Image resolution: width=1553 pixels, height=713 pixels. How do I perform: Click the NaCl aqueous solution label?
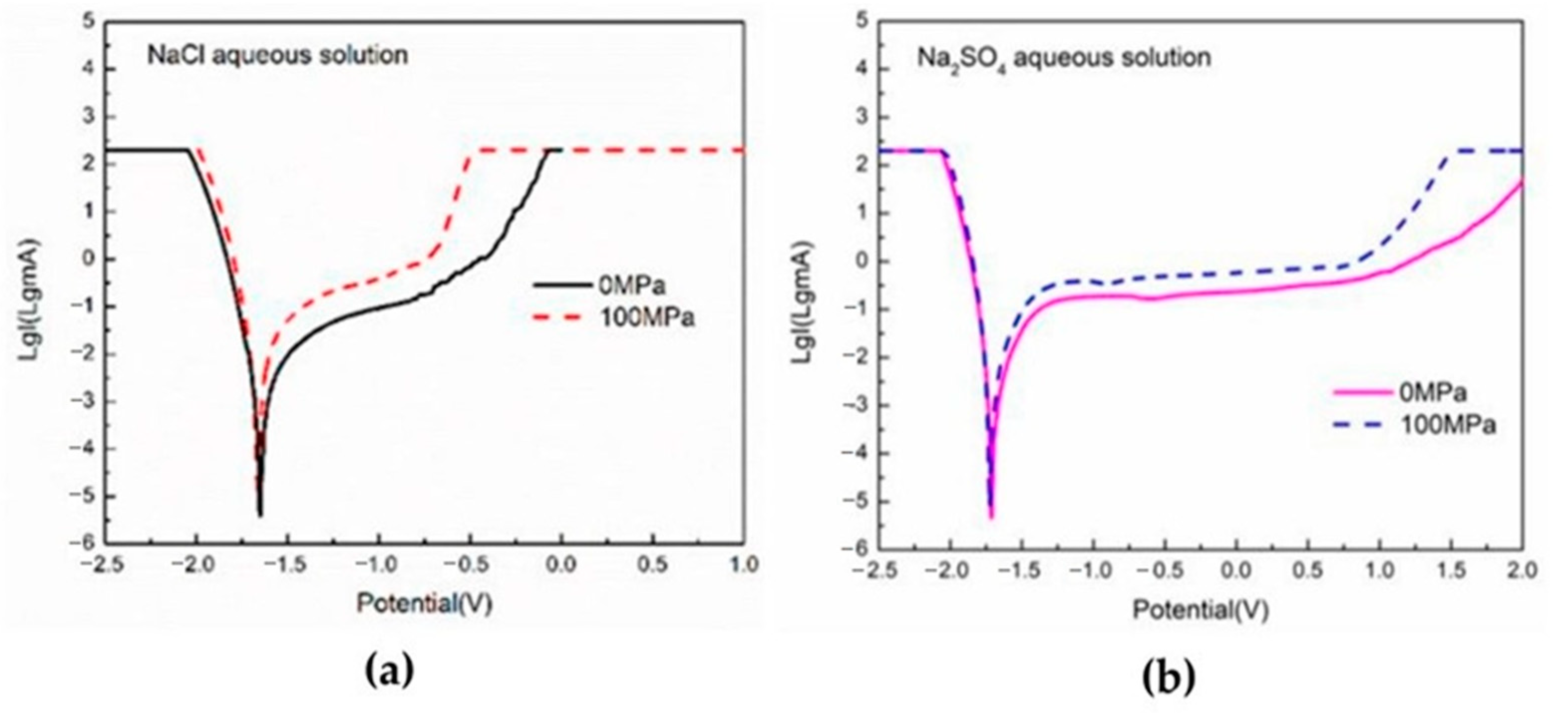278,55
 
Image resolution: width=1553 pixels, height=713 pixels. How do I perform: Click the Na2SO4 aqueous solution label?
1063,58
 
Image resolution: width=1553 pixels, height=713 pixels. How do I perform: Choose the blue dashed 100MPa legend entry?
1414,425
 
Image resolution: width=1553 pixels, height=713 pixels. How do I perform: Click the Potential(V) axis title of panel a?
424,603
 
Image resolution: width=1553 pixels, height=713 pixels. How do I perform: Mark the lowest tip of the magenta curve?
991,517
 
